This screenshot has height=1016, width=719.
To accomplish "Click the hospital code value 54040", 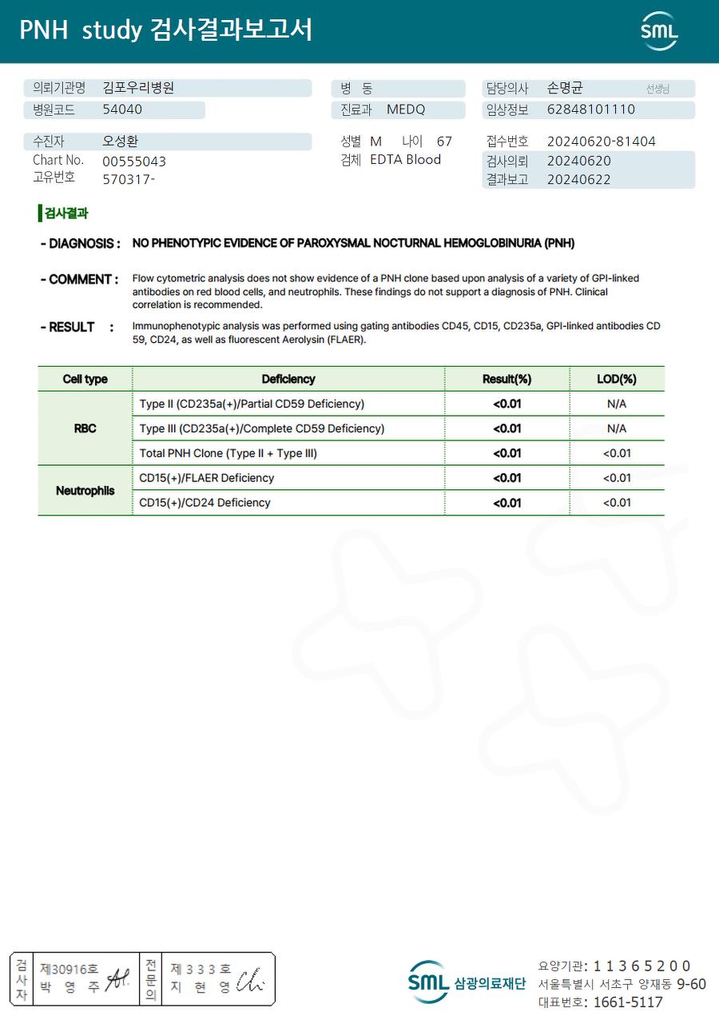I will tap(122, 110).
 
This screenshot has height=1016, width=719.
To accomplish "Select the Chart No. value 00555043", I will tap(134, 161).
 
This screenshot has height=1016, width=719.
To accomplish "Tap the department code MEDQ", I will tap(406, 110).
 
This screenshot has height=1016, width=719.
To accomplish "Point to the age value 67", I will tap(444, 141).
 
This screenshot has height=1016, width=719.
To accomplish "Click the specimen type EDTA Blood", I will tap(405, 160).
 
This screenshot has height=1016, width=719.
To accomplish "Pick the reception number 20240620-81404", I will tap(601, 141).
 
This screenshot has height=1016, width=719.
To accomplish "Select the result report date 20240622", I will tap(578, 180).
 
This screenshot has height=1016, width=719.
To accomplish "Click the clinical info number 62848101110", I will tap(591, 110).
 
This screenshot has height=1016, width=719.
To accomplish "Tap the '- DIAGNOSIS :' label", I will tap(80, 243).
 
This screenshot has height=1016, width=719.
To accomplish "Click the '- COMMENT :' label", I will tap(79, 280).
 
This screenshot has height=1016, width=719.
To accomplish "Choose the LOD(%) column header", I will tap(616, 379).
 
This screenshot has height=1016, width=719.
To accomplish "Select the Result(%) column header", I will tap(506, 379).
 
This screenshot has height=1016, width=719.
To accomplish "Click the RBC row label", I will tap(85, 428).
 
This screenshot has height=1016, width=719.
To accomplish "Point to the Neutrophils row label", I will tap(85, 491).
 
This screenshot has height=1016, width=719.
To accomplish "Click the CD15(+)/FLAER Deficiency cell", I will tap(206, 478).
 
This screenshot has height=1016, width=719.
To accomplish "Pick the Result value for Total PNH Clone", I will tap(506, 453).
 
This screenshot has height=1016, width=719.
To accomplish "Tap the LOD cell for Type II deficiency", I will tap(616, 404).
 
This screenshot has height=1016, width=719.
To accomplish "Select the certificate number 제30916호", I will tap(70, 969).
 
